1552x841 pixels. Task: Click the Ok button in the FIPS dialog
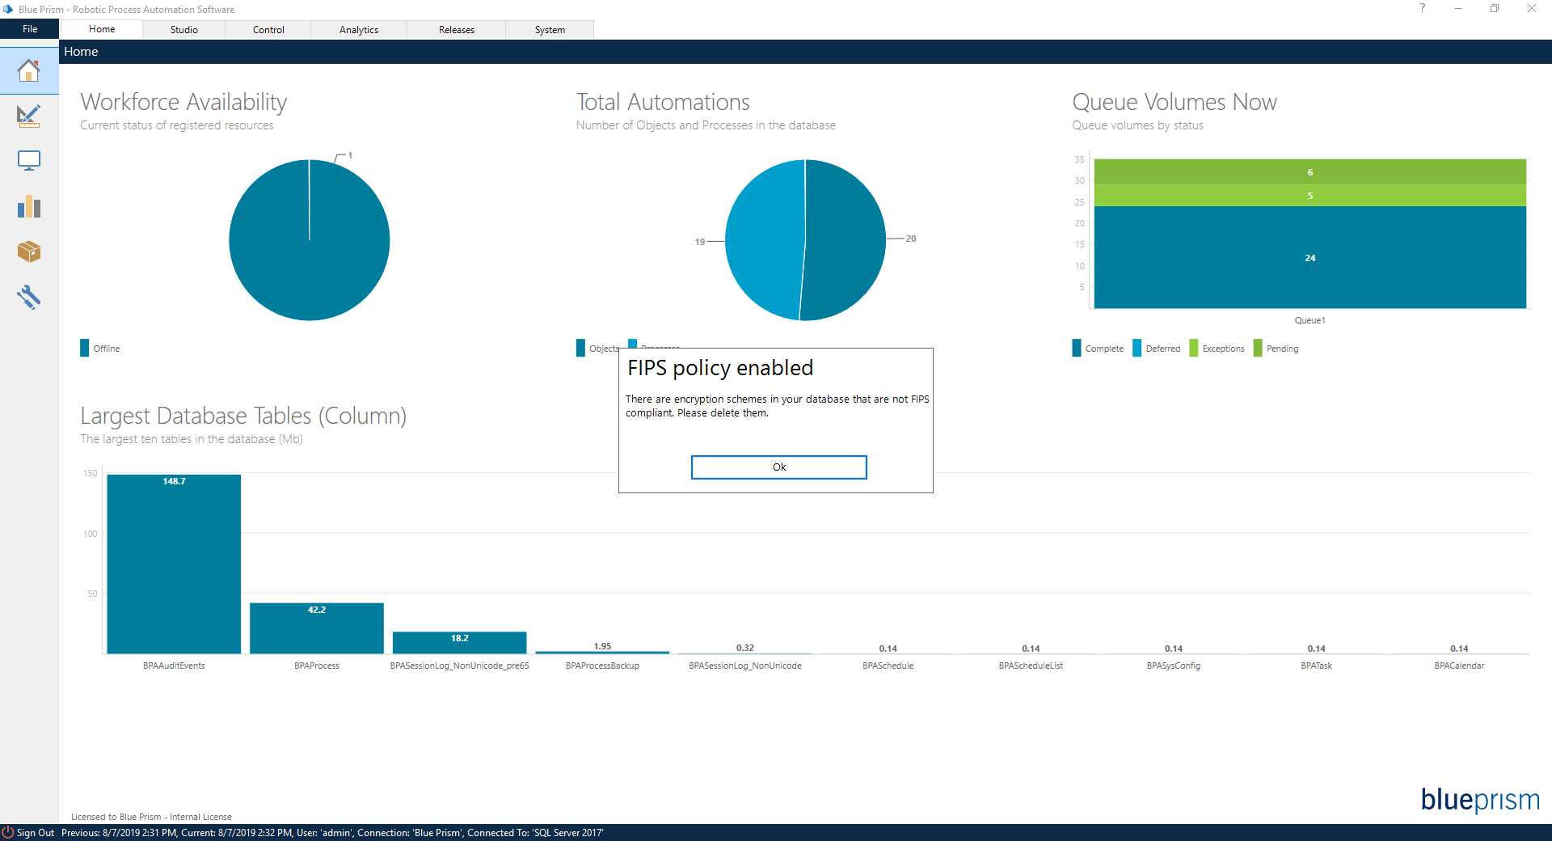coord(778,467)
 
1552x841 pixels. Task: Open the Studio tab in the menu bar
coord(183,30)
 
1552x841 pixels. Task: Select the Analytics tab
coord(358,30)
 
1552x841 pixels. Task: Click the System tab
coord(550,30)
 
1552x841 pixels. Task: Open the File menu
coord(30,29)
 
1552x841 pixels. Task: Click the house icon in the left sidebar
coord(29,71)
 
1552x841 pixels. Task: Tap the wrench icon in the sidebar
coord(29,297)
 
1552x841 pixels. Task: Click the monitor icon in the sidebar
coord(29,161)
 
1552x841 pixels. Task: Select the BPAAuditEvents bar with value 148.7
coord(174,566)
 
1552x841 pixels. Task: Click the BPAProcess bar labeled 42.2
coord(317,631)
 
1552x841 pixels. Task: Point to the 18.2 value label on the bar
coord(459,639)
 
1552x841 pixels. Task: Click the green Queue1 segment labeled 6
coord(1309,172)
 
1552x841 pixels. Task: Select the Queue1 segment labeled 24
coord(1309,258)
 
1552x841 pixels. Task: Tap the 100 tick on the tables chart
coord(90,534)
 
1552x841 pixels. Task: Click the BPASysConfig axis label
coord(1173,666)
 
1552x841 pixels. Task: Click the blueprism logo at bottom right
coord(1479,800)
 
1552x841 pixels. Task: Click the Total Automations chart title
coord(663,103)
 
